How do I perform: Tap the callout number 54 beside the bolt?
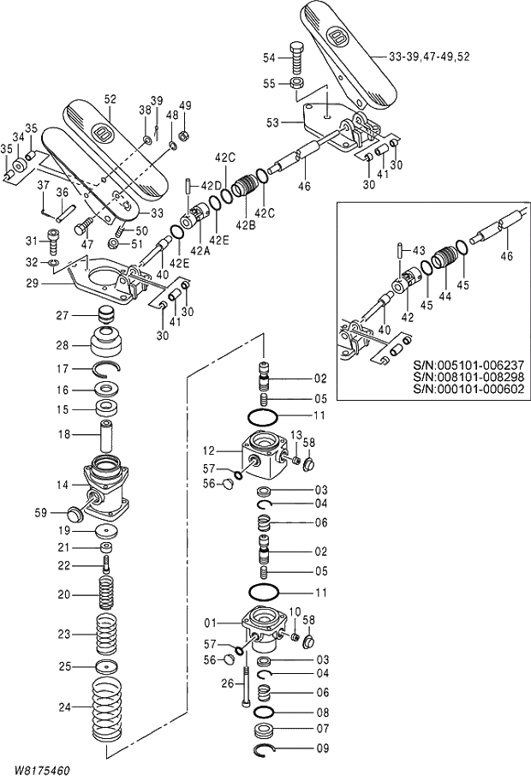click(270, 57)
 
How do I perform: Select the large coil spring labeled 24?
click(107, 707)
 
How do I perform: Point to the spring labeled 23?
click(107, 635)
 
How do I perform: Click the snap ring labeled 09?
click(271, 751)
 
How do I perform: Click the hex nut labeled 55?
click(295, 83)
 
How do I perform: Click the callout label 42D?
click(211, 186)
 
